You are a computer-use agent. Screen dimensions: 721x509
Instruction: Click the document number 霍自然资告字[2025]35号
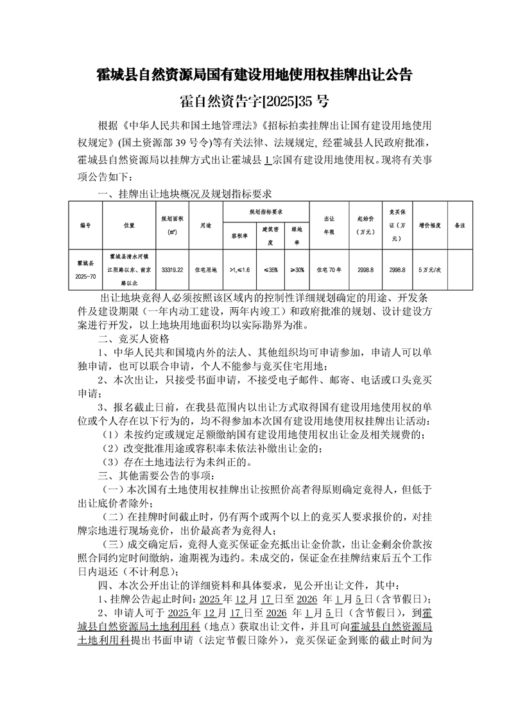(x=254, y=102)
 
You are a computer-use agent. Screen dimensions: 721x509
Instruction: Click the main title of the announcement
(x=254, y=75)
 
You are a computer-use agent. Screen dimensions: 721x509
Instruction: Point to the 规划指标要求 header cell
(x=266, y=211)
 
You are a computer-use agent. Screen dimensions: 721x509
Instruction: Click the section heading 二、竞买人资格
(x=133, y=338)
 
